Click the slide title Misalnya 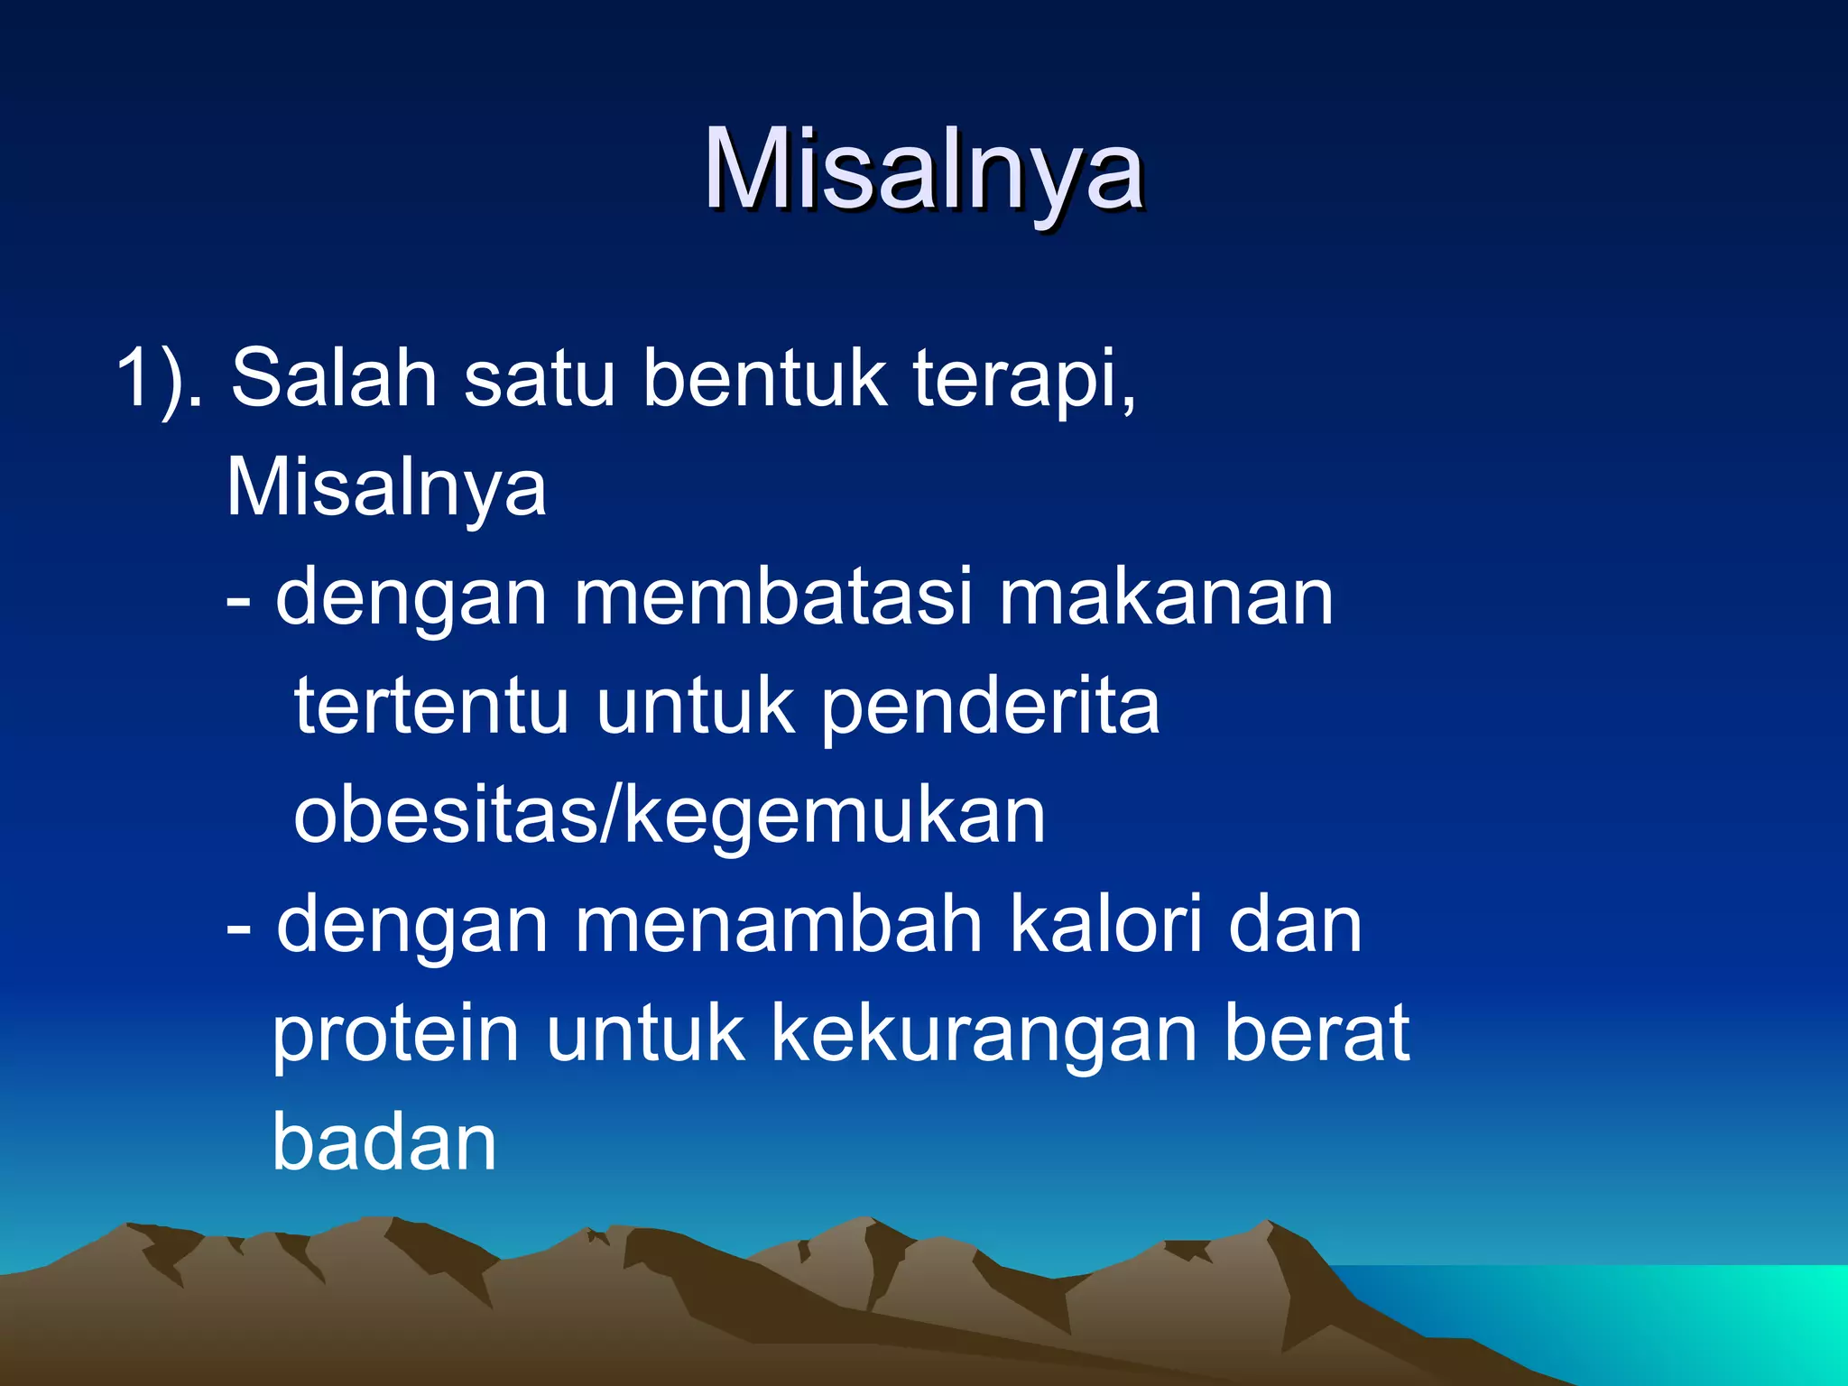click(923, 171)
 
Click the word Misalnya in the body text click(386, 489)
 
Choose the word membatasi click(773, 597)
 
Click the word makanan click(1166, 599)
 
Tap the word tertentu click(431, 707)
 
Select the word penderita click(990, 708)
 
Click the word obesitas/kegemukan click(670, 817)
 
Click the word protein click(395, 1034)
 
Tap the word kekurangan click(984, 1036)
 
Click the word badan click(384, 1142)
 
